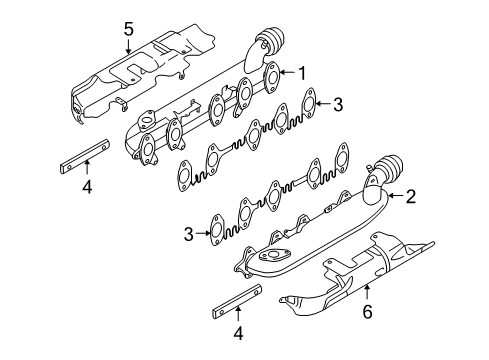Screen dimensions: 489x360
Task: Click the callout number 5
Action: [129, 29]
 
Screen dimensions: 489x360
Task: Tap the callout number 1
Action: [302, 73]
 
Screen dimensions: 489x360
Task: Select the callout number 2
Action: [411, 197]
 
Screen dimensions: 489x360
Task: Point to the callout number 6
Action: [367, 312]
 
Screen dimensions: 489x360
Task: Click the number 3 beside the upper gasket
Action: [338, 104]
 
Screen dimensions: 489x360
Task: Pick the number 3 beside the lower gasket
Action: [189, 234]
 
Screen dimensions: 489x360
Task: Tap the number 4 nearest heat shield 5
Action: [87, 187]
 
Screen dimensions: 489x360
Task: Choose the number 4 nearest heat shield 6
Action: [238, 333]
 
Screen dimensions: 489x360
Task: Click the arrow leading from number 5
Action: [129, 47]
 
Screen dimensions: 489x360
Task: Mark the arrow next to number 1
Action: [288, 72]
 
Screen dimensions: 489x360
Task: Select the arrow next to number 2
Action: [395, 196]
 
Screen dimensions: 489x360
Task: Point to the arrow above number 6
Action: [367, 292]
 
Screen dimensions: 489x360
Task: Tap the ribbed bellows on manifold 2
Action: [389, 170]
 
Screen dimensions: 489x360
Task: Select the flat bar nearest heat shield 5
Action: [85, 156]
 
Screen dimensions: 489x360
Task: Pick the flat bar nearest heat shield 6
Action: [237, 301]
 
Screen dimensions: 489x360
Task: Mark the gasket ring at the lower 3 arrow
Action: [217, 230]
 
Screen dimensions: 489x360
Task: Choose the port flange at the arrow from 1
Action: [273, 78]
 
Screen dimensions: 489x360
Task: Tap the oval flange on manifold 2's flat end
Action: [272, 255]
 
